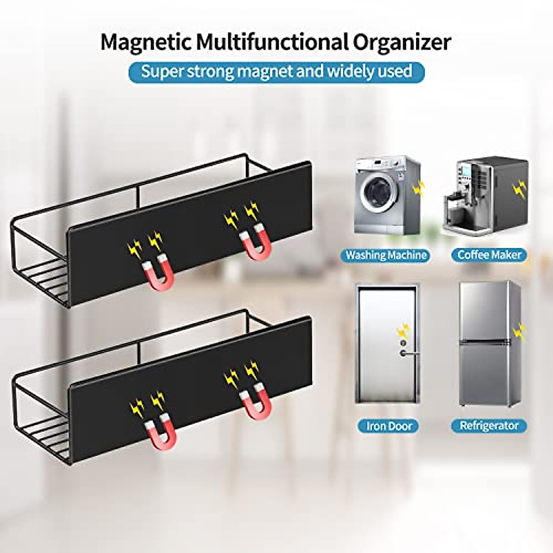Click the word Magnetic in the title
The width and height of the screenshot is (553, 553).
click(145, 42)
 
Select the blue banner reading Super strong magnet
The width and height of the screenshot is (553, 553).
click(276, 71)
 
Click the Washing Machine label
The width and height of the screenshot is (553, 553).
click(386, 255)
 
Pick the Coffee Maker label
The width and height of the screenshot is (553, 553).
click(489, 255)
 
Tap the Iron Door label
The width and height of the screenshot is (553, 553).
click(389, 425)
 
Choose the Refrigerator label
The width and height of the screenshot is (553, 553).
click(489, 425)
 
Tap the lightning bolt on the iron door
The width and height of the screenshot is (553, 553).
click(404, 330)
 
